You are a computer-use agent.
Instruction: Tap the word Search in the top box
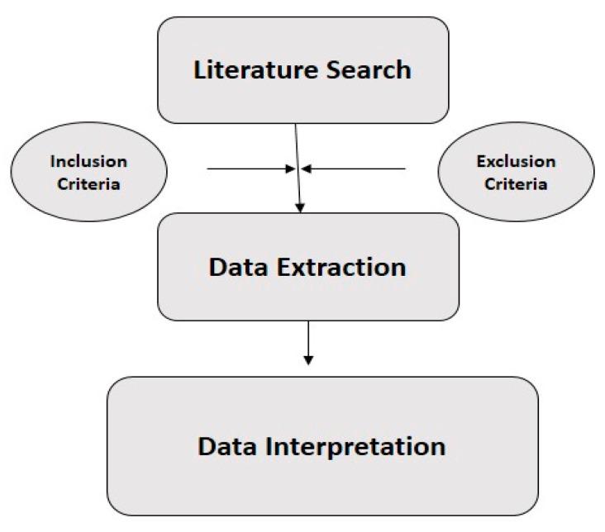tap(369, 69)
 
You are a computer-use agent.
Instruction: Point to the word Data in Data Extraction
tap(236, 267)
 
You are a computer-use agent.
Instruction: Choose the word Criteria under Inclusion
tap(88, 183)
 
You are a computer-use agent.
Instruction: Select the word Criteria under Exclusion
tap(516, 183)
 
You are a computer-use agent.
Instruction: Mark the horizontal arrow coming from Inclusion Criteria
tap(248, 169)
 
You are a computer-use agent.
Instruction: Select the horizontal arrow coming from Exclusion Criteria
tap(355, 169)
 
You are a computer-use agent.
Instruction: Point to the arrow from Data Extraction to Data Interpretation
tap(308, 339)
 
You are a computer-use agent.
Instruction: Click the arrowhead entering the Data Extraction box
tap(300, 207)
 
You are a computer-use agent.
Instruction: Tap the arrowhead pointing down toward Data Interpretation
tap(308, 359)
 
